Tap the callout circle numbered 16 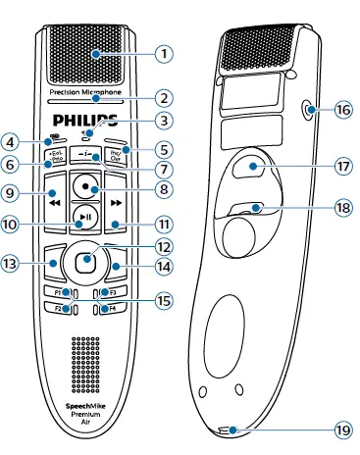pyautogui.click(x=342, y=112)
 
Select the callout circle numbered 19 pyautogui.click(x=341, y=430)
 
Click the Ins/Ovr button pyautogui.click(x=116, y=155)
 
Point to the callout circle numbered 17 pyautogui.click(x=342, y=168)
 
